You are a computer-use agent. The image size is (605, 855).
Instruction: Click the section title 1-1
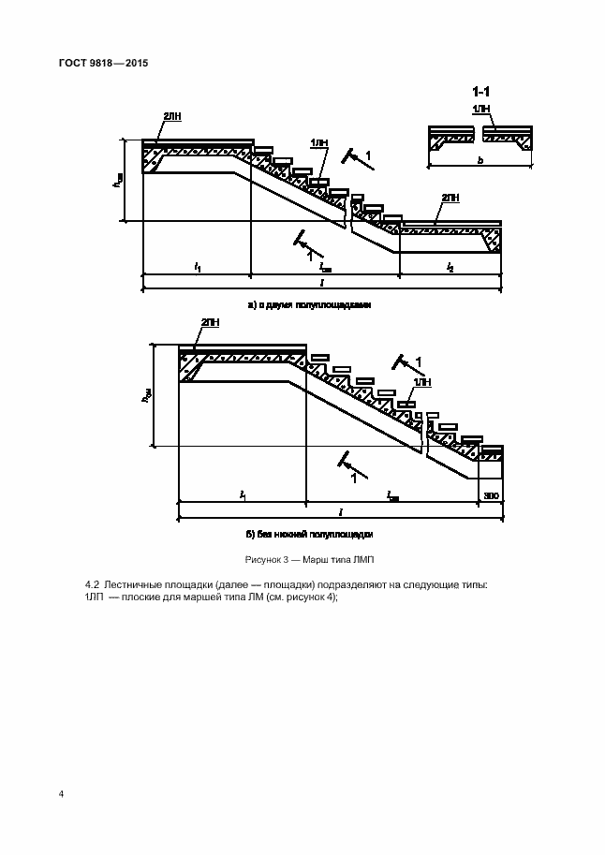tap(481, 92)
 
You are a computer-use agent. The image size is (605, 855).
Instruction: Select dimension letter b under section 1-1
tap(480, 161)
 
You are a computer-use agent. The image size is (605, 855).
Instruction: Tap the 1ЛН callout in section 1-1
tap(481, 110)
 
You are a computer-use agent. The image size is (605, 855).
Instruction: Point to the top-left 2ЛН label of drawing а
tap(172, 115)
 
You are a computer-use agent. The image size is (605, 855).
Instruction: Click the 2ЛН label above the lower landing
tap(450, 199)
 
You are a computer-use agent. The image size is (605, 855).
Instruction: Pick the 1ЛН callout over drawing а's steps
tap(318, 143)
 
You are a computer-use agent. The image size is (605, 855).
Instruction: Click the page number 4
tap(62, 794)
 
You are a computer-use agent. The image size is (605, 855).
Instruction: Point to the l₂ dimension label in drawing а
tap(450, 268)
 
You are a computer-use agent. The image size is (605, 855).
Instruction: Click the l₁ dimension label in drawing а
tap(198, 268)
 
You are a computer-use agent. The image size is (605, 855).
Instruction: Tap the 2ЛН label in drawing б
tap(211, 322)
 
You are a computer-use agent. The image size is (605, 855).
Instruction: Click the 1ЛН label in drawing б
tap(424, 382)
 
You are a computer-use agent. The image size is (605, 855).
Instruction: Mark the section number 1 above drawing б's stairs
tap(418, 361)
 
